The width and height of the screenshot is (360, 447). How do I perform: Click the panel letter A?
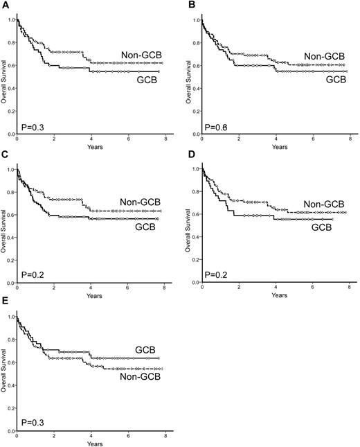click(4, 4)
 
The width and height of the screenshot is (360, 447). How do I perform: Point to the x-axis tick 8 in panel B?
click(348, 139)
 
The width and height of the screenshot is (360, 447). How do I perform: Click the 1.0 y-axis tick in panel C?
click(10, 168)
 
